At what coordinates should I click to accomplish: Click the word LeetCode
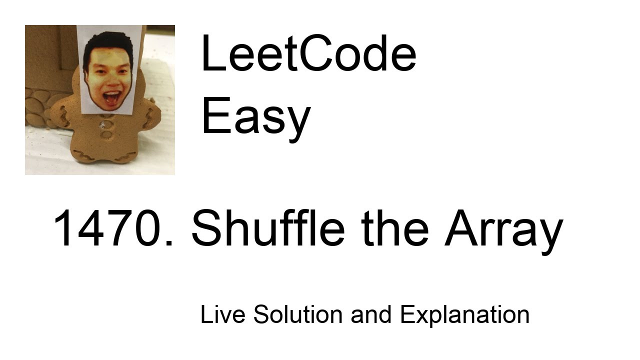pos(308,54)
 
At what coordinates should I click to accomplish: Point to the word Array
pos(503,230)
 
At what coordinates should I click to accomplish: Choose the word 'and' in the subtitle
pos(371,315)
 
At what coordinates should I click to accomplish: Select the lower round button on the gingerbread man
pos(106,134)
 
